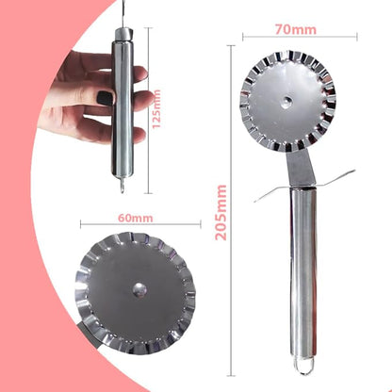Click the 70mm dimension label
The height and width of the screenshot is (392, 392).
click(x=296, y=29)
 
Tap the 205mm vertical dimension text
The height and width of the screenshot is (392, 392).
click(x=220, y=212)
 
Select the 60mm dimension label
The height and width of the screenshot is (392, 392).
click(x=136, y=218)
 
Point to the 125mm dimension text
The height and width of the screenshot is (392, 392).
click(x=156, y=108)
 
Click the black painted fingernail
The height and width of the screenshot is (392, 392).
click(x=105, y=98)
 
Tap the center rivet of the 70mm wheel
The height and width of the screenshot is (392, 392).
click(x=287, y=101)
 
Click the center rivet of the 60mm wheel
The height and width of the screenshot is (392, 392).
click(x=139, y=289)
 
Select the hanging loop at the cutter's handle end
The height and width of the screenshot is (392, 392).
click(x=304, y=367)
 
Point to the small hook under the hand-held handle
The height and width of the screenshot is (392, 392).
click(x=122, y=185)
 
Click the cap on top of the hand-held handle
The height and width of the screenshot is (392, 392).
click(x=122, y=34)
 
